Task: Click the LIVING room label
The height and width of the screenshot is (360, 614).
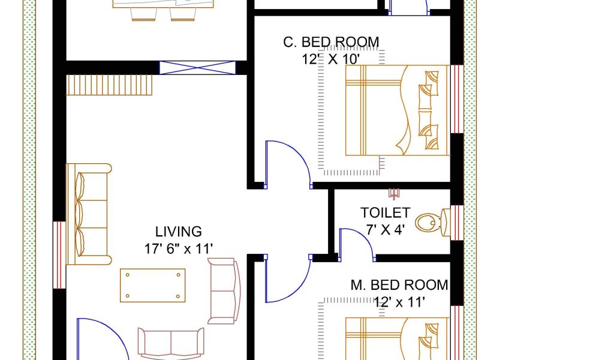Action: point(179,232)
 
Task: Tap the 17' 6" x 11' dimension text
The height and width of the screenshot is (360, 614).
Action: point(179,249)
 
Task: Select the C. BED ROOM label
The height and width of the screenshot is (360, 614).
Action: point(331,42)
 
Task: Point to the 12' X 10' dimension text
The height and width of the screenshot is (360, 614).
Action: point(331,59)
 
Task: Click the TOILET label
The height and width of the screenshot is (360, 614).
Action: point(386,213)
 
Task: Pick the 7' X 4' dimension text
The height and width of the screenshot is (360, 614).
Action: point(386,230)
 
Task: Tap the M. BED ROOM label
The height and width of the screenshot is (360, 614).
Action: point(399,285)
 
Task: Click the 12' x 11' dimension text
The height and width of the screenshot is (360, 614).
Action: point(399,302)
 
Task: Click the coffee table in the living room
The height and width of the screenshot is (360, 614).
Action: point(153,286)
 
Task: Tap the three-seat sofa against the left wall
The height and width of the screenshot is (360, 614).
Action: point(89,214)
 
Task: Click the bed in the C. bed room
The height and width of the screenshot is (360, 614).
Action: point(398,110)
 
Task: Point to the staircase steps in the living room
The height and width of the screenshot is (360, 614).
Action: point(109,85)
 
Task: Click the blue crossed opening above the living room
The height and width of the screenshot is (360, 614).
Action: point(198,68)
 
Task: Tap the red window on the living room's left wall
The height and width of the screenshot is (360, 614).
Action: point(59,255)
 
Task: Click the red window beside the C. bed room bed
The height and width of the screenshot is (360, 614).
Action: point(457,99)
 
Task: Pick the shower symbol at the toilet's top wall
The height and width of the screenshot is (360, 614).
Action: point(393,194)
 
